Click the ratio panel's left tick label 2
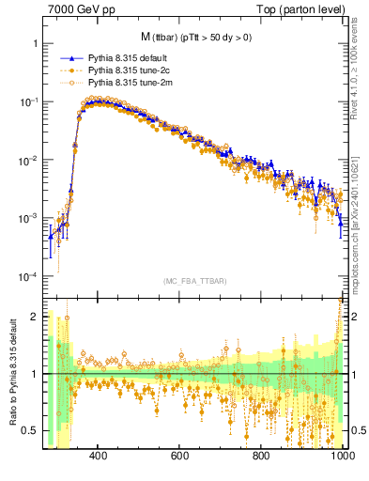[x=34, y=318]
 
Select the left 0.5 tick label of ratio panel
[x=30, y=430]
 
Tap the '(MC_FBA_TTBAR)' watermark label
[x=194, y=282]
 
